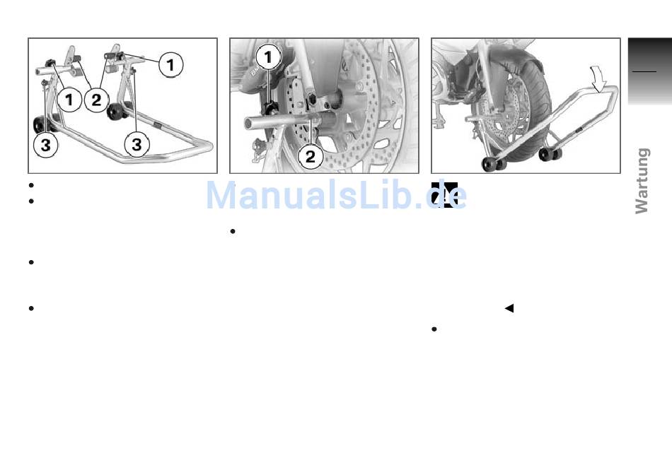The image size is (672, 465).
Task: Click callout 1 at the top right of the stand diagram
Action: (170, 65)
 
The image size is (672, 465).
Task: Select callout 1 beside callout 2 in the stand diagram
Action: (69, 100)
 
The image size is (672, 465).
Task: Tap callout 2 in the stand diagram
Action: (96, 100)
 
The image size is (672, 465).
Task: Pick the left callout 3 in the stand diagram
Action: (46, 145)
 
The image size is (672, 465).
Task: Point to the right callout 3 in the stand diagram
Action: (137, 144)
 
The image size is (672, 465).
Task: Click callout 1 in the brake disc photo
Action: (268, 57)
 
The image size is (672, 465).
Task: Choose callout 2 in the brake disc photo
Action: (311, 156)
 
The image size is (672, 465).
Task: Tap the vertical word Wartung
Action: (642, 181)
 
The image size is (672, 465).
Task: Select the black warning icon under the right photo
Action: (444, 195)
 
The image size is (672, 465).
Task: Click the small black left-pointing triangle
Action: (509, 308)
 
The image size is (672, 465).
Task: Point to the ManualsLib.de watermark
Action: (337, 196)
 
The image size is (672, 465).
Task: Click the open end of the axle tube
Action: (248, 123)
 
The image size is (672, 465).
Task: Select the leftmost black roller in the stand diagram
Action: (41, 125)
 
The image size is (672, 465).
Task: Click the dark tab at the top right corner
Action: (649, 71)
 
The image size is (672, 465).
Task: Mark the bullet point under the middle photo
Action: (233, 232)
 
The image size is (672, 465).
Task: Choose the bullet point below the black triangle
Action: (434, 329)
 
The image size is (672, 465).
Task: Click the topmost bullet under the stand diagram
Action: (31, 185)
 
